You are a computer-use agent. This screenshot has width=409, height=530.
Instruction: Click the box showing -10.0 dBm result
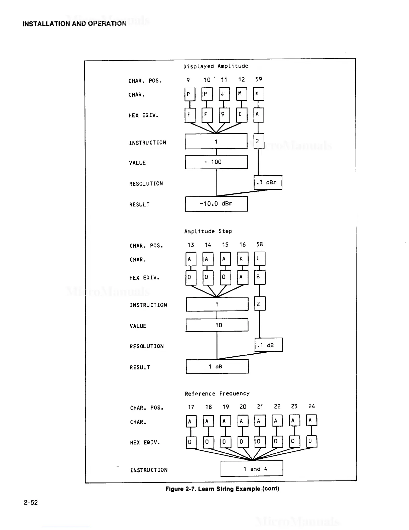217,204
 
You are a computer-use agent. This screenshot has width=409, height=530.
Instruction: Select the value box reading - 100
216,162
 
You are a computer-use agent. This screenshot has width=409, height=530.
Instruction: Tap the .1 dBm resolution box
268,182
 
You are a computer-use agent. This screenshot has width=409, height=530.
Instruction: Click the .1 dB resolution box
269,345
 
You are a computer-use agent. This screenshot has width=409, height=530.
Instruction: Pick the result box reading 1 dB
217,366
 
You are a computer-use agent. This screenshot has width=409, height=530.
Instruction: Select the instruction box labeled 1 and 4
252,468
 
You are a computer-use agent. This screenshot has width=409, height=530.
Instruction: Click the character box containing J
224,94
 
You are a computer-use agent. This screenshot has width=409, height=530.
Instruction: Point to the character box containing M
242,94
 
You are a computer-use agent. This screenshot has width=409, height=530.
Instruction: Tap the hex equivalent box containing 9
224,115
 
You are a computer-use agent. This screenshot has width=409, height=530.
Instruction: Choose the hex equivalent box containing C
242,115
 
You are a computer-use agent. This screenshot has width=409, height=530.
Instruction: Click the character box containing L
260,259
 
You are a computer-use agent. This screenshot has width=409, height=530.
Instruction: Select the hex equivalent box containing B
260,277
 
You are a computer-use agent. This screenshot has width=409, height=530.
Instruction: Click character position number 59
259,79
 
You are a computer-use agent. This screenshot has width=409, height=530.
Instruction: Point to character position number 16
243,245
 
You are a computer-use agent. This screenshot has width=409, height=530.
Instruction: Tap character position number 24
311,406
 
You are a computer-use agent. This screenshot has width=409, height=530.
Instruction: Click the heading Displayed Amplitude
216,66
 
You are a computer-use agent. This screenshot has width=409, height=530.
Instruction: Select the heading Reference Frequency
217,393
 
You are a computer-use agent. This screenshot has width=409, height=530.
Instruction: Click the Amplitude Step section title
208,231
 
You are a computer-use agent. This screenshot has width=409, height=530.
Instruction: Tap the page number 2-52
31,502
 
